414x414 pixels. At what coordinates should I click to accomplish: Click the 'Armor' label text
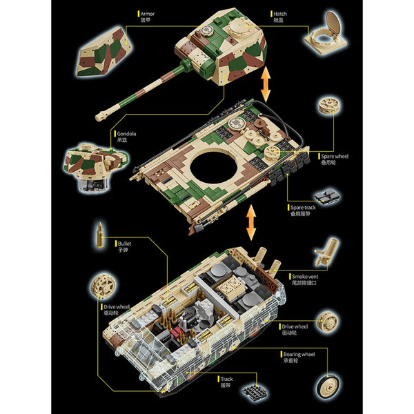coord(147,13)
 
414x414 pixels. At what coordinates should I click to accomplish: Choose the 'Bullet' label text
coord(125,243)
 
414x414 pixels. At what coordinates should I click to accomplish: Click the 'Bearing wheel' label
coord(299,354)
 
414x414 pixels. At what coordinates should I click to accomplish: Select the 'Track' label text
coord(226,378)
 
